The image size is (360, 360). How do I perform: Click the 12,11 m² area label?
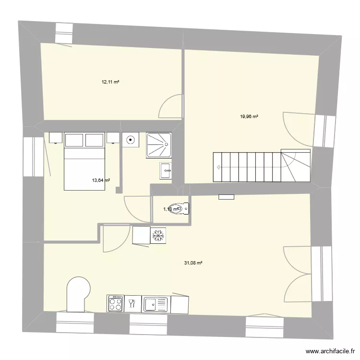(110, 82)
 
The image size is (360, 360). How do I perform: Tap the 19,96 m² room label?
(249, 116)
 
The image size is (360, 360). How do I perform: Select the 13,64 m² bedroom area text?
(101, 180)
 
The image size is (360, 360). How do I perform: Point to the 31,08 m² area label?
(193, 263)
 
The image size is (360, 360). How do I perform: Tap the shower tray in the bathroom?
(159, 144)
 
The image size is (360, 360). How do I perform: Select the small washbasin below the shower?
(166, 169)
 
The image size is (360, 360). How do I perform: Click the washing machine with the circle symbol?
(131, 140)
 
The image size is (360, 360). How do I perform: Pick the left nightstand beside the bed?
(55, 138)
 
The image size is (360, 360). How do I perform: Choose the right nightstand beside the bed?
(113, 138)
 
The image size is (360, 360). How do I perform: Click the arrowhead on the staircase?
(218, 168)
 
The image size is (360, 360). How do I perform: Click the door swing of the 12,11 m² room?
(170, 106)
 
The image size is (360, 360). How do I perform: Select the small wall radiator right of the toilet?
(226, 196)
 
